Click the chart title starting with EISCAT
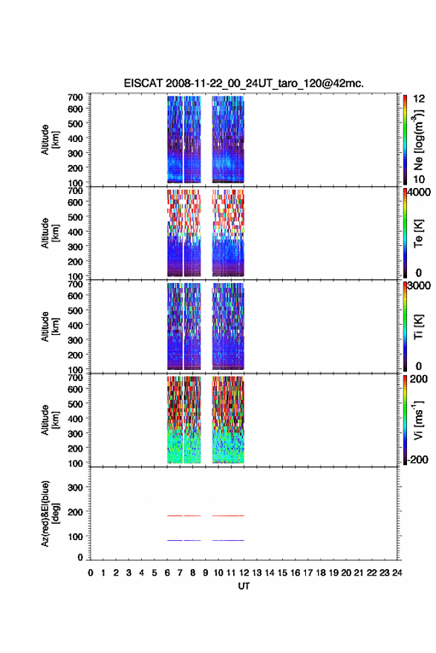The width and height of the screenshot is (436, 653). (244, 83)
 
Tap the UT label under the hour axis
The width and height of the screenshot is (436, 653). (244, 586)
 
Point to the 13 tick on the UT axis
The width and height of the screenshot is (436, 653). (256, 573)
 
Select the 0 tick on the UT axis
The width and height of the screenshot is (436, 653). (91, 573)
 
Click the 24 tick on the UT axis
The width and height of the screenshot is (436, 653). (397, 573)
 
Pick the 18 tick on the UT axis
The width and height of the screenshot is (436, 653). (321, 573)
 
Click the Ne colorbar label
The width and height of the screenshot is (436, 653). (419, 140)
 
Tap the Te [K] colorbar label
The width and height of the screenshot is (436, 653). (418, 233)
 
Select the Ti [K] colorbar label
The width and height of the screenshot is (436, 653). (418, 327)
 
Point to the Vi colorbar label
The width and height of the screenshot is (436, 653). (418, 420)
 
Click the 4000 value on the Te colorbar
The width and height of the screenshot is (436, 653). (419, 192)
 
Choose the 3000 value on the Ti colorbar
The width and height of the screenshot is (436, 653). (419, 285)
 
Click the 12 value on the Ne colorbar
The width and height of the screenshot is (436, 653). (419, 99)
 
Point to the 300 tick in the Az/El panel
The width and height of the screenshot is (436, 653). (75, 487)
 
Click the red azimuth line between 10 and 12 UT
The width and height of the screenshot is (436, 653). (228, 516)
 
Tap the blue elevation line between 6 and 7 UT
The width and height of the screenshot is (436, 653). (175, 540)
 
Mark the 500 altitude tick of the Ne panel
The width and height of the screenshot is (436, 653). (75, 123)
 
